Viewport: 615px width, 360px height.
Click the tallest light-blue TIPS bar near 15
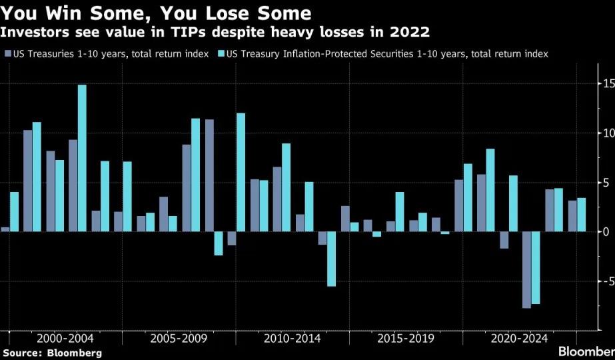click(82, 158)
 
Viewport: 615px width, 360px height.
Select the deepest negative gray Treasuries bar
click(526, 270)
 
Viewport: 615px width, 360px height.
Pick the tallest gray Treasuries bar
click(209, 175)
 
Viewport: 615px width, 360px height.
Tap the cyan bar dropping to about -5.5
click(331, 259)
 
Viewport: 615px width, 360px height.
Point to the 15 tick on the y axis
click(609, 83)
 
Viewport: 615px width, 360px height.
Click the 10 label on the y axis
click(609, 133)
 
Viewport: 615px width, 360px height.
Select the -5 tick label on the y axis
click(608, 281)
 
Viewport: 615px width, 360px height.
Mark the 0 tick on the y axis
click(606, 232)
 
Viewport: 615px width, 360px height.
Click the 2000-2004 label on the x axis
click(65, 339)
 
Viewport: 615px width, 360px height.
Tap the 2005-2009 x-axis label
click(179, 339)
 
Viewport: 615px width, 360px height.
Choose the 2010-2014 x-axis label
click(293, 339)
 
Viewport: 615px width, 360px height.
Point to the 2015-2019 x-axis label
click(406, 339)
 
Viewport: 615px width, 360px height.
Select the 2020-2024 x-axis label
click(519, 339)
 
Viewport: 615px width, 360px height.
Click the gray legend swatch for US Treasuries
click(8, 54)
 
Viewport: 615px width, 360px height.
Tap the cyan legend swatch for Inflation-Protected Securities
click(221, 54)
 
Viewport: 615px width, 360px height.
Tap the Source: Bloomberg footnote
click(52, 353)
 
